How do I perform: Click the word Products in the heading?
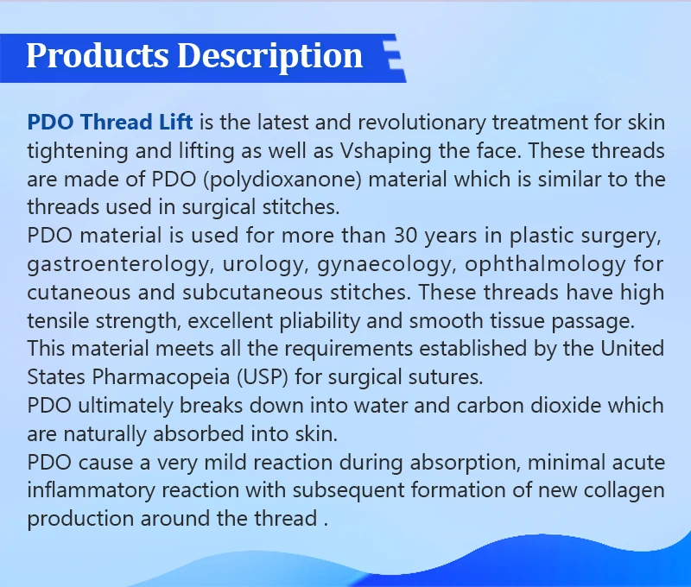pyautogui.click(x=98, y=55)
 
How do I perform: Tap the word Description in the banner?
pyautogui.click(x=269, y=57)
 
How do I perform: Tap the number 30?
pyautogui.click(x=405, y=236)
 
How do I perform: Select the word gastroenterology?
pyautogui.click(x=117, y=265)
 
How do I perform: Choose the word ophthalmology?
pyautogui.click(x=545, y=265)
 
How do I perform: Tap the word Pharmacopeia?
pyautogui.click(x=161, y=377)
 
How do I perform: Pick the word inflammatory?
pyautogui.click(x=92, y=491)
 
